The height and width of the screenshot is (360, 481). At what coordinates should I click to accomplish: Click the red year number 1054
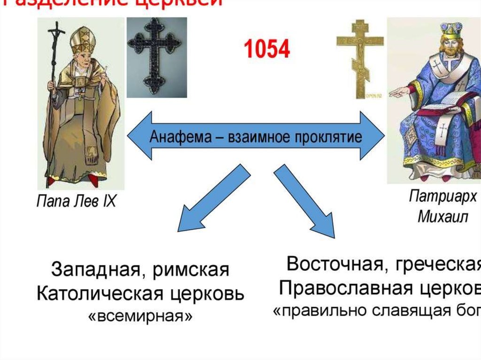[x=266, y=49]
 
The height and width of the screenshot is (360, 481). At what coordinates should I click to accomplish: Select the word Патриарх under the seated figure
[x=442, y=196]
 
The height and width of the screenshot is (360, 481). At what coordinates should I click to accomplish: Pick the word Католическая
[x=92, y=294]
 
